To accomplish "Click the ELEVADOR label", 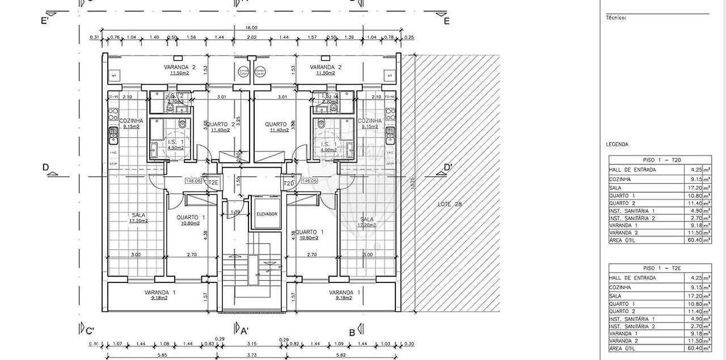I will coord(267,214).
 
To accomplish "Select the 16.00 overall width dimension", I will coord(251,28).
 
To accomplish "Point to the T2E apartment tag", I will coord(213,183).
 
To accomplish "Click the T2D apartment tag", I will coord(289,183).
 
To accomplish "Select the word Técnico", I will coord(616,18).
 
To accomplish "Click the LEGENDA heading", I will coord(617,145).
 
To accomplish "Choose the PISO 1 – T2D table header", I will coord(660,160).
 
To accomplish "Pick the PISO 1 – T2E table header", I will coord(660,268).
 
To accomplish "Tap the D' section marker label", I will coord(448,167).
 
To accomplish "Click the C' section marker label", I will coord(89,332).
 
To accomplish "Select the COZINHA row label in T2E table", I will coord(621,287).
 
